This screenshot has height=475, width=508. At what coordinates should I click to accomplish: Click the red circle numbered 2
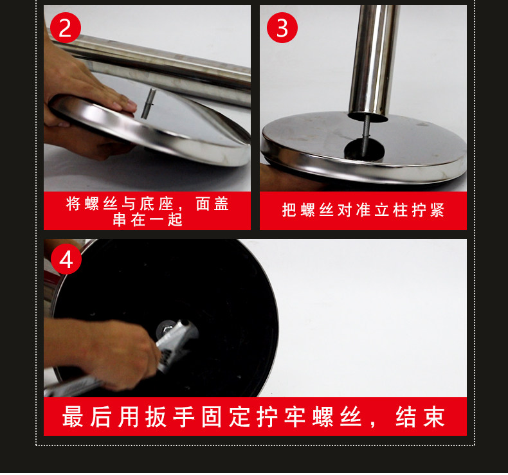(66, 28)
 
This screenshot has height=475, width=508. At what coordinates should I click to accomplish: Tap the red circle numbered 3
(282, 28)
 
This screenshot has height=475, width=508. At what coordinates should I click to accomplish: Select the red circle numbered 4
(66, 259)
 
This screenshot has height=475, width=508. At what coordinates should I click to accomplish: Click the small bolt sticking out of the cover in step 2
(148, 103)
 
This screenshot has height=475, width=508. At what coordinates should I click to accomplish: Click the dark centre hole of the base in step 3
(364, 149)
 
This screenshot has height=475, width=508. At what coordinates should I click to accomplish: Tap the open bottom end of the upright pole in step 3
(368, 116)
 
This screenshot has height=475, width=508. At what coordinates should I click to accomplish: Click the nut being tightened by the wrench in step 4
(167, 329)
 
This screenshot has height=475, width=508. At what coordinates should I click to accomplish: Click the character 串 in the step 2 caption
(119, 220)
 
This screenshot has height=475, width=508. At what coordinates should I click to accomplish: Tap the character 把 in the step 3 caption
(289, 210)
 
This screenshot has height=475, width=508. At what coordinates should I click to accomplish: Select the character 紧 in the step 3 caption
(437, 210)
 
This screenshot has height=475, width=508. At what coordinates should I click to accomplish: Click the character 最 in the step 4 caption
(73, 417)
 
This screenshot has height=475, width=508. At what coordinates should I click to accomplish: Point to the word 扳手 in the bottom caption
(170, 417)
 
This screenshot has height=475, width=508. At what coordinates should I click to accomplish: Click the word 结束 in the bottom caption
(420, 417)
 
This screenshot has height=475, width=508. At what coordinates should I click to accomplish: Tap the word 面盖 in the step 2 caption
(213, 204)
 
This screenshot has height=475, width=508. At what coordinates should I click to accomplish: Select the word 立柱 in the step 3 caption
(391, 210)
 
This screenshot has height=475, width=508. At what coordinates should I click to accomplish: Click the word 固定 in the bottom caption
(226, 417)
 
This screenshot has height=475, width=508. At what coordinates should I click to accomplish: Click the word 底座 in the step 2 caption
(156, 204)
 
